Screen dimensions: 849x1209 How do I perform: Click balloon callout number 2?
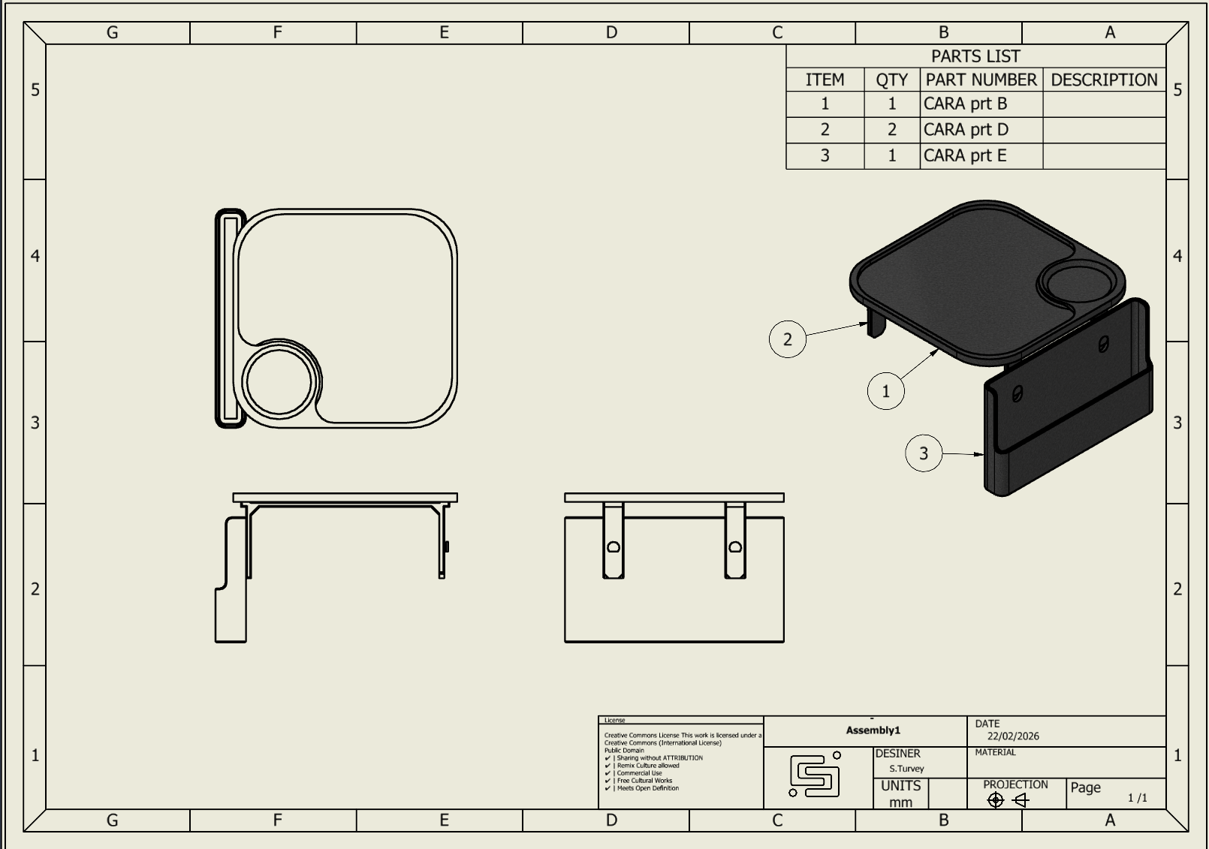coord(787,339)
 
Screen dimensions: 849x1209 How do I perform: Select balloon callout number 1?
coord(885,391)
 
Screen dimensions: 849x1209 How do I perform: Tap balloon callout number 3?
coord(924,453)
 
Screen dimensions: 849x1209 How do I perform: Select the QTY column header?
coord(891,80)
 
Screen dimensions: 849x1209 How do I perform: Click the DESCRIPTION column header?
coord(1103,80)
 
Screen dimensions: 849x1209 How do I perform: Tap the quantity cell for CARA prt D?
coord(891,130)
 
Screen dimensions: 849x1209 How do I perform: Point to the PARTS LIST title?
coord(975,56)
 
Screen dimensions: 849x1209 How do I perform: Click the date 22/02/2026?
coord(1013,736)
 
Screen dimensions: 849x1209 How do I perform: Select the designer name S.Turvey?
coord(906,769)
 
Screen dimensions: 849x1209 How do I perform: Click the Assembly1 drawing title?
coord(873,730)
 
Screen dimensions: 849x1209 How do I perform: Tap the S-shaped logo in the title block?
coord(816,775)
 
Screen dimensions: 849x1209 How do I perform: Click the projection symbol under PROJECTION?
coord(1007,800)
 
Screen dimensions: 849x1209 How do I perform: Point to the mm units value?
coord(900,802)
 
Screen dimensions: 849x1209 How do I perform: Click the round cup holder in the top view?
coord(279,381)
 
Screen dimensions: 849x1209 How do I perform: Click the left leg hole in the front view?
coord(613,547)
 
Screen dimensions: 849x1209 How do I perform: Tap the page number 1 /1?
coord(1137,798)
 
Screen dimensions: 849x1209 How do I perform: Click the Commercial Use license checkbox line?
coord(638,773)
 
